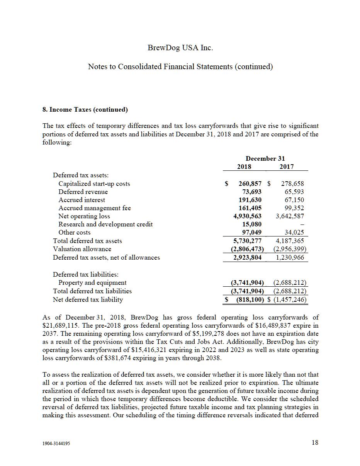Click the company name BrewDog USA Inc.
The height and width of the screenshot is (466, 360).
click(x=180, y=48)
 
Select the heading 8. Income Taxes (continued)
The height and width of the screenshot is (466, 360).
click(x=85, y=109)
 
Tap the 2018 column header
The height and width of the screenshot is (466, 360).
click(x=244, y=167)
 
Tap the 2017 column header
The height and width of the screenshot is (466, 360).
click(x=286, y=167)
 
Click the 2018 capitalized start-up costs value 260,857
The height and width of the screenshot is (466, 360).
click(x=248, y=184)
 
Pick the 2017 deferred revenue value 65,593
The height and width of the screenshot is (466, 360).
click(x=292, y=192)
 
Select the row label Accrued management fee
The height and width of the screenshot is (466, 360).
click(x=95, y=208)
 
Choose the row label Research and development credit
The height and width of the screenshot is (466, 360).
click(x=105, y=224)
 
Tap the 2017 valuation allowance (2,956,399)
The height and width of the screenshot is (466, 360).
click(x=290, y=249)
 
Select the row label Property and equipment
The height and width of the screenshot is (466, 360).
click(x=92, y=282)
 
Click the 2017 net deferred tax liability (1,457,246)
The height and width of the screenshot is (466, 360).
click(x=290, y=299)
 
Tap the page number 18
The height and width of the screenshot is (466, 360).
click(x=315, y=443)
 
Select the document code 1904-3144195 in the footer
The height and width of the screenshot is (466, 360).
click(x=56, y=444)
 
